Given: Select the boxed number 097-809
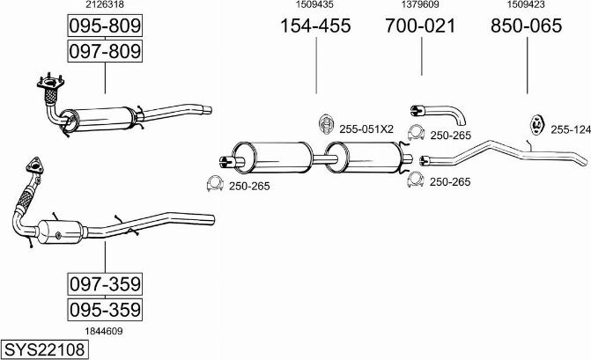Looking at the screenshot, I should [105, 52].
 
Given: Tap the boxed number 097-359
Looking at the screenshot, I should [105, 284].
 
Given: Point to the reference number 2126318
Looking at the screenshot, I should [105, 5].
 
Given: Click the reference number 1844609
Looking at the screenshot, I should [105, 330].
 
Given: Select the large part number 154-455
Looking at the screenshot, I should [315, 26].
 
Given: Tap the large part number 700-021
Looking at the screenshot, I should [420, 26].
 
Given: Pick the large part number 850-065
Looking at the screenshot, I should [526, 26].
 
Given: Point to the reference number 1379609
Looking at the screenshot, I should [420, 5].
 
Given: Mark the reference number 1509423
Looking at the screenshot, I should [526, 5].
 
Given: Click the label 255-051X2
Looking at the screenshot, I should [366, 129].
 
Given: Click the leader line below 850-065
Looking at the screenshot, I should [527, 66].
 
